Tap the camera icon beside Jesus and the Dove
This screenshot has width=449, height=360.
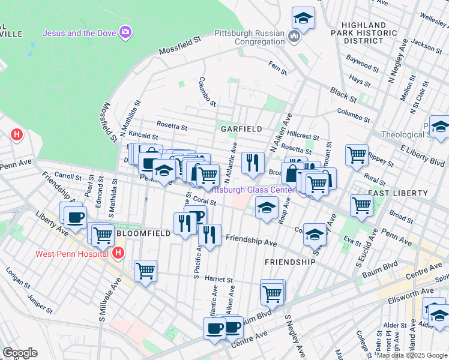125,32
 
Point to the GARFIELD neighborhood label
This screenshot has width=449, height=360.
241,129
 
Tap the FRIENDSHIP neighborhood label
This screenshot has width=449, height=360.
290,262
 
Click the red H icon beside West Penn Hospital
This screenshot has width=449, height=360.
119,253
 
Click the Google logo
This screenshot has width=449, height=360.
20,353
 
